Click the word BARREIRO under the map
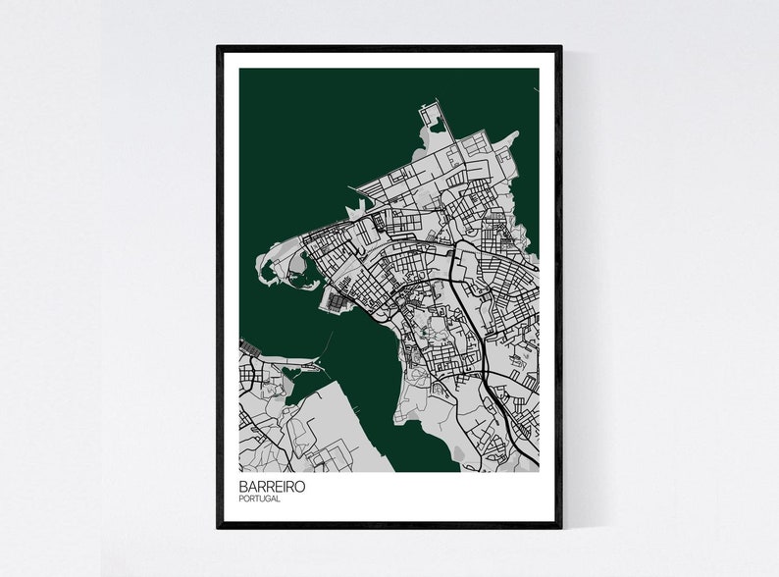(x=272, y=487)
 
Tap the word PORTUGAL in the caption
(x=259, y=499)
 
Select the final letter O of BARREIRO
(x=300, y=487)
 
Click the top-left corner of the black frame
(x=218, y=46)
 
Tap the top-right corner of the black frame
(x=560, y=46)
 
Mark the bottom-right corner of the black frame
(x=560, y=527)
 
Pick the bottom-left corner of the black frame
(x=218, y=527)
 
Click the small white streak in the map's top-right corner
(x=536, y=91)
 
